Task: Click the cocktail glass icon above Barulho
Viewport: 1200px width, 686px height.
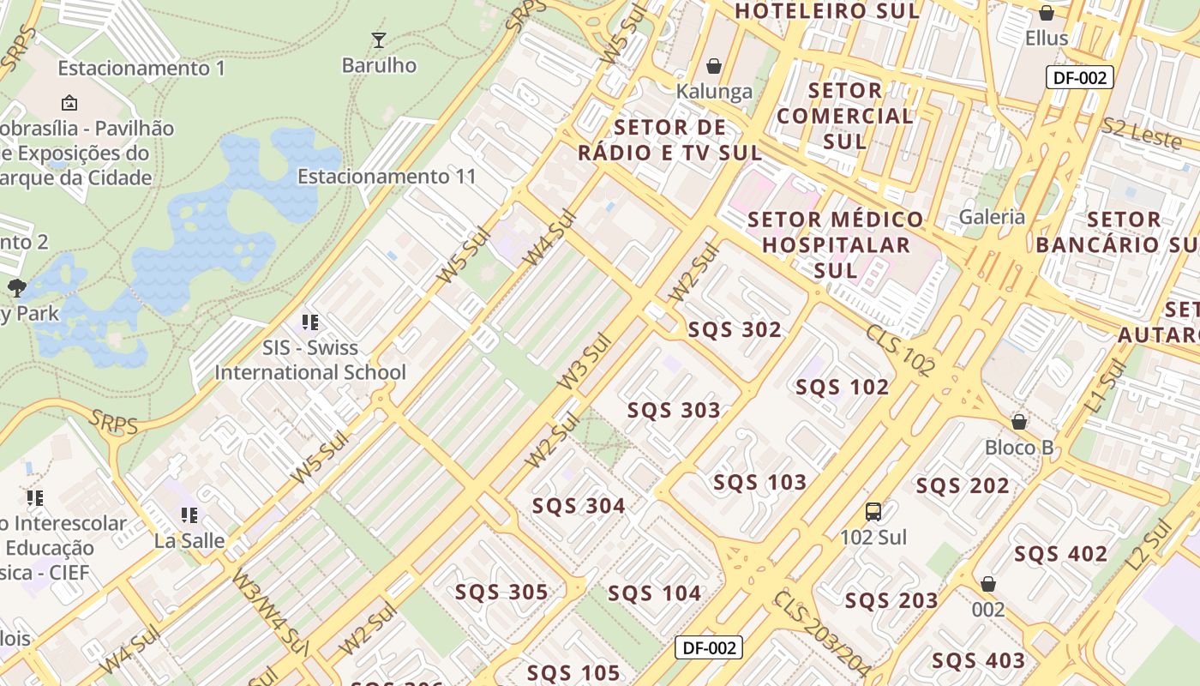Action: (378, 39)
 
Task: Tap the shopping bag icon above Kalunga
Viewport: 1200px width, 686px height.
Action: (713, 66)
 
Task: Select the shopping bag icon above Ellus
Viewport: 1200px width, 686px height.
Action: (1046, 13)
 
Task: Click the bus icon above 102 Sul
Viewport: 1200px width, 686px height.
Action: (873, 512)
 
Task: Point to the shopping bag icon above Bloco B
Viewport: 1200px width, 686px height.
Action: (1019, 422)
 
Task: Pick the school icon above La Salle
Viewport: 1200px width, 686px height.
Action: (189, 515)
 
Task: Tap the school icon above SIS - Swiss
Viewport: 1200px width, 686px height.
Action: (309, 322)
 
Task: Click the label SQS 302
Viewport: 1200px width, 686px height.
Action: (735, 330)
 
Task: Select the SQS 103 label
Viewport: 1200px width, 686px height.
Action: (759, 483)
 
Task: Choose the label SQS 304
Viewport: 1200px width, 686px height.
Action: (579, 506)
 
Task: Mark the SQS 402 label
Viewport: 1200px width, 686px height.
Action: (1060, 554)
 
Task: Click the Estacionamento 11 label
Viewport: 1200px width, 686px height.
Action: (386, 177)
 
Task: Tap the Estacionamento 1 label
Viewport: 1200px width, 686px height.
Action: (141, 68)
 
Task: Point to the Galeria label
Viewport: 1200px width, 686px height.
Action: (992, 217)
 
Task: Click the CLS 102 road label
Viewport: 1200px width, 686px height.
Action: (899, 350)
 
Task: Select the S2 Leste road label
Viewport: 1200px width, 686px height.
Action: (1141, 132)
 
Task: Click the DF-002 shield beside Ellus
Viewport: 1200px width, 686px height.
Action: (1080, 77)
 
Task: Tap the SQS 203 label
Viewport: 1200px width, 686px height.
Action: (891, 600)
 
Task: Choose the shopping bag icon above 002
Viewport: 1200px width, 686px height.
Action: (988, 584)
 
